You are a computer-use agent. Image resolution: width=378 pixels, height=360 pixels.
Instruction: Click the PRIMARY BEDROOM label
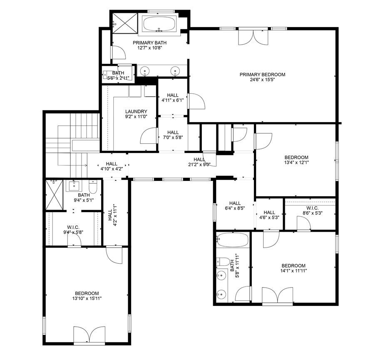tap(262, 75)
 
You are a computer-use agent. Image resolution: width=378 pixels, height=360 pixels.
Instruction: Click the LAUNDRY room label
tap(136, 112)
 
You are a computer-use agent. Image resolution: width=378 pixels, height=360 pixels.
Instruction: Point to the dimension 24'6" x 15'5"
tap(262, 80)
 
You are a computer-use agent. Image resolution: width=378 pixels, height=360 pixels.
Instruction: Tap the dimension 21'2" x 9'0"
tap(199, 165)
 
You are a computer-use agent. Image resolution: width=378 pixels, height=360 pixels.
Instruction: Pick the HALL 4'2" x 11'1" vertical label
tap(112, 215)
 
